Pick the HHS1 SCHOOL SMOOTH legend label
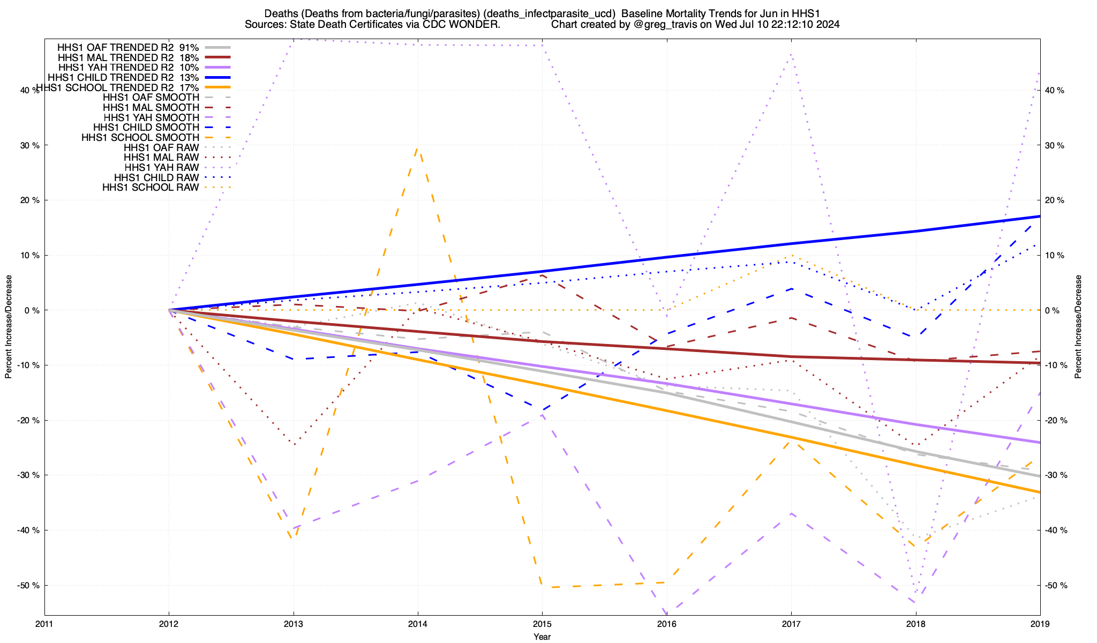pos(140,138)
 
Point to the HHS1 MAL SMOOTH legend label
pos(151,108)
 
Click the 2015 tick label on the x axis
pos(542,624)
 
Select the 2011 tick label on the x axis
pos(44,624)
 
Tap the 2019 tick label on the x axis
pos(1040,624)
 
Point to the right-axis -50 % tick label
pos(1055,585)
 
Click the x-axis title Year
pos(542,637)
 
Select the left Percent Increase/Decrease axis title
pos(9,327)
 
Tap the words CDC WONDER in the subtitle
pos(463,25)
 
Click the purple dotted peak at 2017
pos(791,54)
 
